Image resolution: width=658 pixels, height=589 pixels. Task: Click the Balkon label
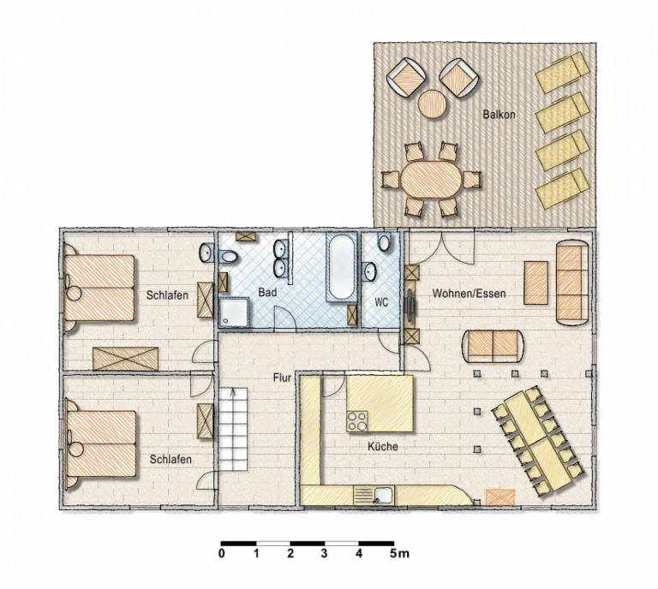point(499,114)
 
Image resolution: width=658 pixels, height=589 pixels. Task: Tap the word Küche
point(383,447)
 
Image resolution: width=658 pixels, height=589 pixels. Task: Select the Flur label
point(282,378)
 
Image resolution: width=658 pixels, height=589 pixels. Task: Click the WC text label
point(381,302)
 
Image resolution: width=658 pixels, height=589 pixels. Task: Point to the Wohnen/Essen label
point(469,294)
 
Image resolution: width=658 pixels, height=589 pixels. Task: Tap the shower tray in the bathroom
point(234,312)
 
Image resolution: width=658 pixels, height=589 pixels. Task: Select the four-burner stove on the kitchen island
point(357,421)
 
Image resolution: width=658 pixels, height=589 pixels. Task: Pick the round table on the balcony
point(432,104)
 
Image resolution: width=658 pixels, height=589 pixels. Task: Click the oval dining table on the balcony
point(432,180)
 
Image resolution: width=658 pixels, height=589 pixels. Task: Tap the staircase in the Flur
point(233,429)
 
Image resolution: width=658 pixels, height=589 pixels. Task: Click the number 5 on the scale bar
point(392,554)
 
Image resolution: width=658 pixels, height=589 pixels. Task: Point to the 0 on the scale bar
point(222,554)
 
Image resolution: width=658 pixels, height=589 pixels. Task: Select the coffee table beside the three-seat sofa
point(535,283)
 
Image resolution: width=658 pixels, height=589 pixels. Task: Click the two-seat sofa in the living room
point(493,346)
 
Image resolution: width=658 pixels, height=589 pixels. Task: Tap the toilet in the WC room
point(384,242)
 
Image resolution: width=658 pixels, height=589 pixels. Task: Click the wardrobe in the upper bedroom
point(125,359)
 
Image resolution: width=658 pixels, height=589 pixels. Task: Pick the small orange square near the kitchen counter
point(499,497)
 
